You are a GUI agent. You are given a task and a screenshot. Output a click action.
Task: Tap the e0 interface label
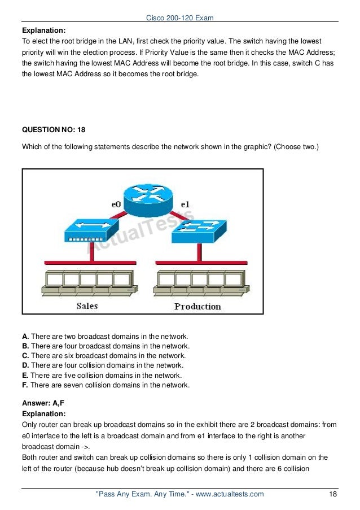click(116, 204)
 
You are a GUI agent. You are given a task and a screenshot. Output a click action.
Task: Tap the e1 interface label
click(185, 204)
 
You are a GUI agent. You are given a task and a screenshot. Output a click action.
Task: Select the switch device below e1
click(199, 229)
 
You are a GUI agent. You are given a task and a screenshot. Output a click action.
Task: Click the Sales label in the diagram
click(87, 306)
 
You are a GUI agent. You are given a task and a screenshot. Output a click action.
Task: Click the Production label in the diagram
click(197, 306)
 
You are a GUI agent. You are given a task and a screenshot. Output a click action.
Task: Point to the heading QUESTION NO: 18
click(54, 129)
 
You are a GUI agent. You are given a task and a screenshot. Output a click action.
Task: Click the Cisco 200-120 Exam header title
click(179, 19)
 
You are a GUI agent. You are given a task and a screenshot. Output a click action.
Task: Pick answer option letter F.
click(25, 385)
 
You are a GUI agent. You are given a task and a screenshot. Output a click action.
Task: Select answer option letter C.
click(25, 356)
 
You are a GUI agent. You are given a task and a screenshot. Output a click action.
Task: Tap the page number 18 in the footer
click(333, 494)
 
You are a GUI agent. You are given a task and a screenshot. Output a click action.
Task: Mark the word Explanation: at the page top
click(44, 31)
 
